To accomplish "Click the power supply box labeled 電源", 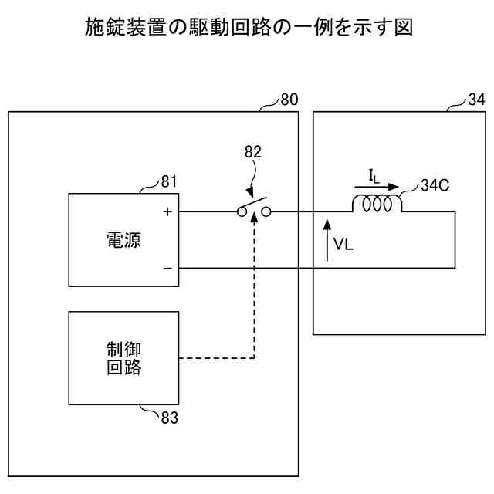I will tap(123, 240).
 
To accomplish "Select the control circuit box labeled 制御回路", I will tap(123, 357).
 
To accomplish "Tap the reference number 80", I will tap(289, 100).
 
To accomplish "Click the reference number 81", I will tap(169, 182).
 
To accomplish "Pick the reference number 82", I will tap(252, 153).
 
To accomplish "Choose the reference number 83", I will tap(169, 418).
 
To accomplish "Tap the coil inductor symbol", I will tap(377, 204).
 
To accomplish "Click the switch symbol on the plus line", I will tap(252, 210).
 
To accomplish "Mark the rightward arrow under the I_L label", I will tap(377, 186).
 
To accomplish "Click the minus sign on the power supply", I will tap(167, 268).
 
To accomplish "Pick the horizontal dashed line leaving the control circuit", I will tap(216, 358).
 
